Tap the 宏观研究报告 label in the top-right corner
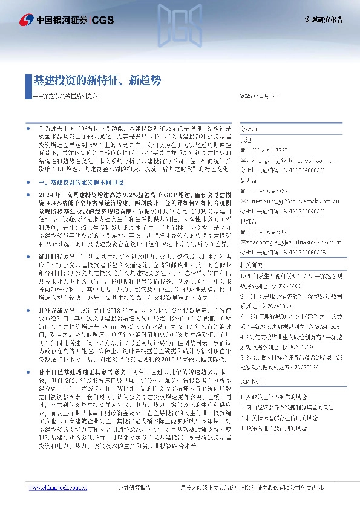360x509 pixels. (324, 19)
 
